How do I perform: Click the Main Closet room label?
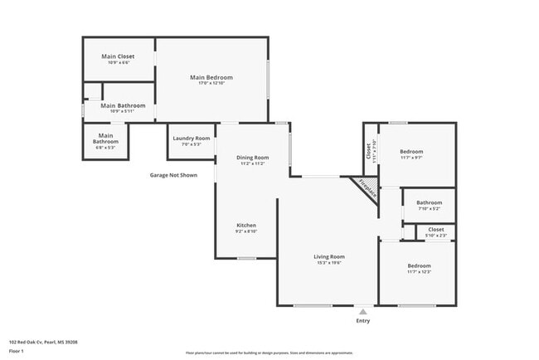point(118,56)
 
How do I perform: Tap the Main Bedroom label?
point(212,77)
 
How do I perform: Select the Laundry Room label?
point(191,138)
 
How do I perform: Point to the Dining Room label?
point(253,157)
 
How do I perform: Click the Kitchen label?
point(246,226)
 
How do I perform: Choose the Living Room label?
point(328,256)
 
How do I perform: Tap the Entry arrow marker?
point(362,312)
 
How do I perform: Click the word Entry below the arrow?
point(363,321)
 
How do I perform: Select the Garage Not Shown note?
point(173,175)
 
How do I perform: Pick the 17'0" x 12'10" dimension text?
point(212,84)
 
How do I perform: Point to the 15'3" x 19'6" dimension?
point(328,263)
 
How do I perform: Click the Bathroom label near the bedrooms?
point(429,202)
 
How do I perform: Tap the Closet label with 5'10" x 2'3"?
point(436,229)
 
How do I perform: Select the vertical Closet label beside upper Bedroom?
point(368,151)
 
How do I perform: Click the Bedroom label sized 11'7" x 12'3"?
point(419,265)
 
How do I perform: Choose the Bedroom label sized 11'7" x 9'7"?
point(411,151)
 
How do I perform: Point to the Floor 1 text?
point(17,351)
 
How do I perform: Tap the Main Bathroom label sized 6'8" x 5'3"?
point(105,139)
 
